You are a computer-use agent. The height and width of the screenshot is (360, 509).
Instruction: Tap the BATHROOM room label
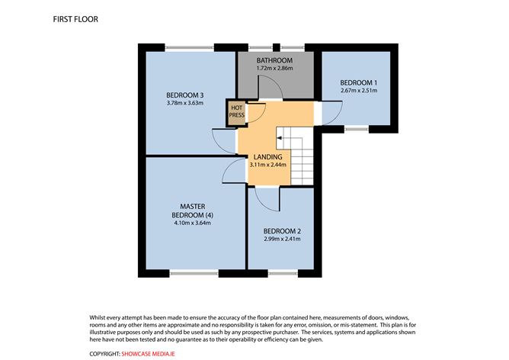pos(274,60)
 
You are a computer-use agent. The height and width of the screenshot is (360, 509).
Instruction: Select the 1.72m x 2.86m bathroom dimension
pos(274,69)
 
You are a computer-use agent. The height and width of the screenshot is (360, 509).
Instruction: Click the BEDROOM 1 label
pos(358,82)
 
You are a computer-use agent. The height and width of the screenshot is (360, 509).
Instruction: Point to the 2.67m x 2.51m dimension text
pos(358,91)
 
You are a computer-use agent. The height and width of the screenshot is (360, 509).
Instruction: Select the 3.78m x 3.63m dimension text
pos(184,103)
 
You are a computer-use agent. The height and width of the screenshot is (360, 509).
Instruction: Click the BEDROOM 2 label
pos(281,231)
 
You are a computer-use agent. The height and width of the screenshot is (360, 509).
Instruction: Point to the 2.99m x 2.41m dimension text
pos(281,240)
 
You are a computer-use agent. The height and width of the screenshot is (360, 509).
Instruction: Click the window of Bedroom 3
pos(189,50)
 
